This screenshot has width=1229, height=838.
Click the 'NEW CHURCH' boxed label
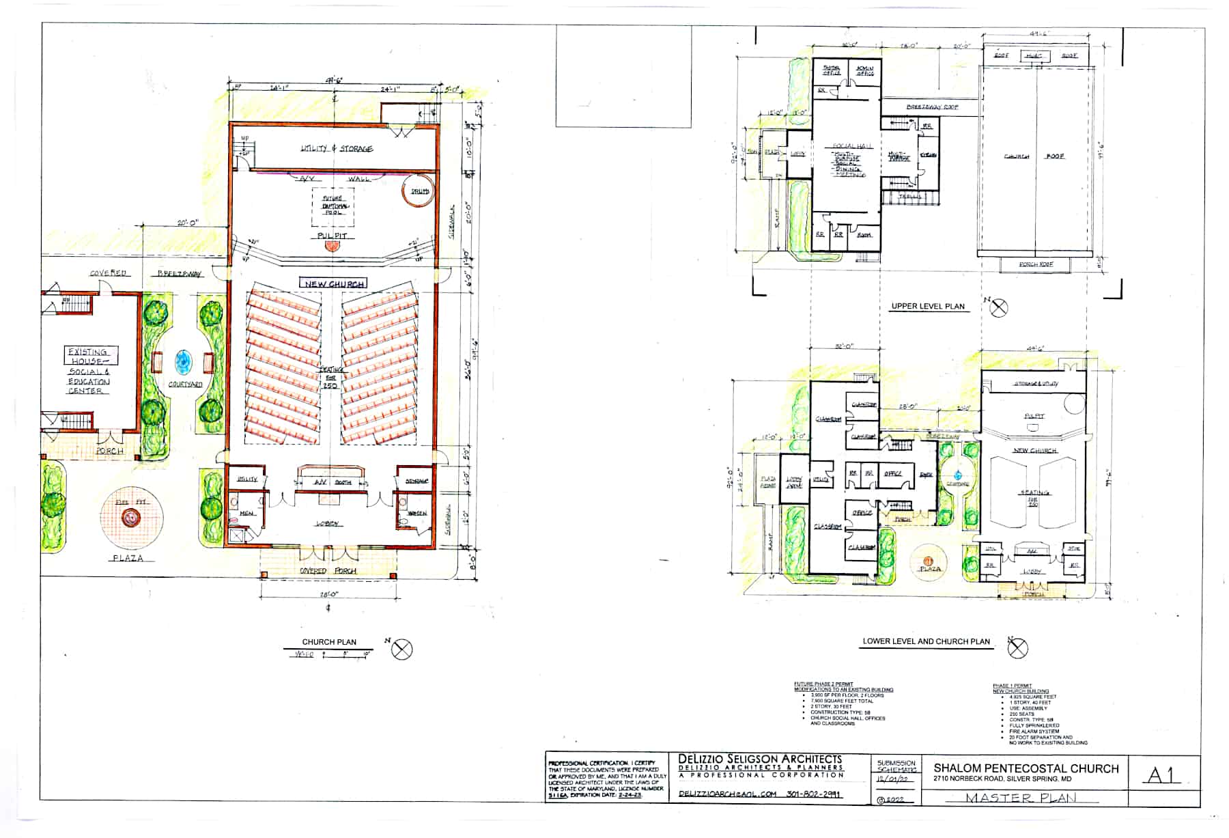click(333, 283)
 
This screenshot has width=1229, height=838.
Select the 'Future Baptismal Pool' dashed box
click(334, 206)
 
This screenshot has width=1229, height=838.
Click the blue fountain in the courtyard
click(183, 360)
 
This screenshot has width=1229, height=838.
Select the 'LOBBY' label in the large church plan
click(330, 524)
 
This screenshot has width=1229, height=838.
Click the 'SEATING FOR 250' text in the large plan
click(330, 377)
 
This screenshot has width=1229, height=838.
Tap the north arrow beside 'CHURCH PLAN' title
click(402, 649)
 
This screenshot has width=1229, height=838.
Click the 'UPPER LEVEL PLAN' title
click(927, 306)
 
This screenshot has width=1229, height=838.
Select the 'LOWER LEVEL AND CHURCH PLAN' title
click(926, 641)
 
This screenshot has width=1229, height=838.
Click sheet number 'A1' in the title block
click(1161, 774)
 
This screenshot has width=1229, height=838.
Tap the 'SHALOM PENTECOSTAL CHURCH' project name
click(1026, 768)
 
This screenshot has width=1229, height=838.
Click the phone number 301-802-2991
click(813, 794)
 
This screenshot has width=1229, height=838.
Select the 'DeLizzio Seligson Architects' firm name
click(760, 759)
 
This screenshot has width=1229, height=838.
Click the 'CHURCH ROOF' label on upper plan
click(1034, 156)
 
